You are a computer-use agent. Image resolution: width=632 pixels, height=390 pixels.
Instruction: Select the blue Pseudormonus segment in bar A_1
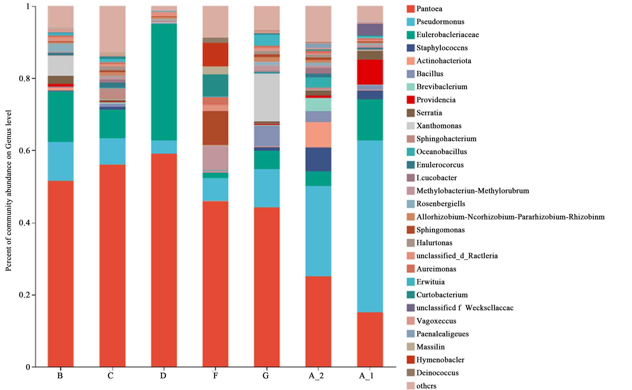370,226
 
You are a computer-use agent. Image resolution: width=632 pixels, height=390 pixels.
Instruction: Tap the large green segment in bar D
164,82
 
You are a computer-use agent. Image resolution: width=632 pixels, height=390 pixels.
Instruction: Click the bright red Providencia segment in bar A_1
370,72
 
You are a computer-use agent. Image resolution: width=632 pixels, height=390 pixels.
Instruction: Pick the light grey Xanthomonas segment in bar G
267,97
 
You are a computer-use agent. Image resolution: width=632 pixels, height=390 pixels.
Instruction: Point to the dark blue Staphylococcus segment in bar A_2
318,159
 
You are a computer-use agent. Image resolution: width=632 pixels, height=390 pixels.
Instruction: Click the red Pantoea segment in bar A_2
318,321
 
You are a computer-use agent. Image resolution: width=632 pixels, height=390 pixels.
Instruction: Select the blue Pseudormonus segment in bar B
60,161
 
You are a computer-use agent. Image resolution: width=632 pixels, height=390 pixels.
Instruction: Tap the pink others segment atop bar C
112,29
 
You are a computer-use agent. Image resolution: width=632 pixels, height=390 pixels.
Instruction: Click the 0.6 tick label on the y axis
25,150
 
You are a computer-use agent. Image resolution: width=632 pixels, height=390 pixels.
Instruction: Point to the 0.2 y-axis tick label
25,295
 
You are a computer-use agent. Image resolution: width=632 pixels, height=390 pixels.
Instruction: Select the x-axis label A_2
316,376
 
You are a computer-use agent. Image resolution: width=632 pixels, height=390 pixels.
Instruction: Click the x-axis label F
215,376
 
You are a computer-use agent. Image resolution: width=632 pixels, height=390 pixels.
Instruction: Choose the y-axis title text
9,191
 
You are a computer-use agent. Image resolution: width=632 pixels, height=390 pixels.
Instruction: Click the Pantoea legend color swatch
410,9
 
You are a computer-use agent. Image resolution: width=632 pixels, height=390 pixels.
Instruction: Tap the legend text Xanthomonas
439,126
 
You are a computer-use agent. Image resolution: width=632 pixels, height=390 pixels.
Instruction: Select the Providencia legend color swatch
410,100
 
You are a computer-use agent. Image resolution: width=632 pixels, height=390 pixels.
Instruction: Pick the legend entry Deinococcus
437,373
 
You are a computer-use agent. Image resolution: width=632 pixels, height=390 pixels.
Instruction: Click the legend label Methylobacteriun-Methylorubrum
472,191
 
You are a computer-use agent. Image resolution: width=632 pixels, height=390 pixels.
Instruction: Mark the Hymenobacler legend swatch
410,360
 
